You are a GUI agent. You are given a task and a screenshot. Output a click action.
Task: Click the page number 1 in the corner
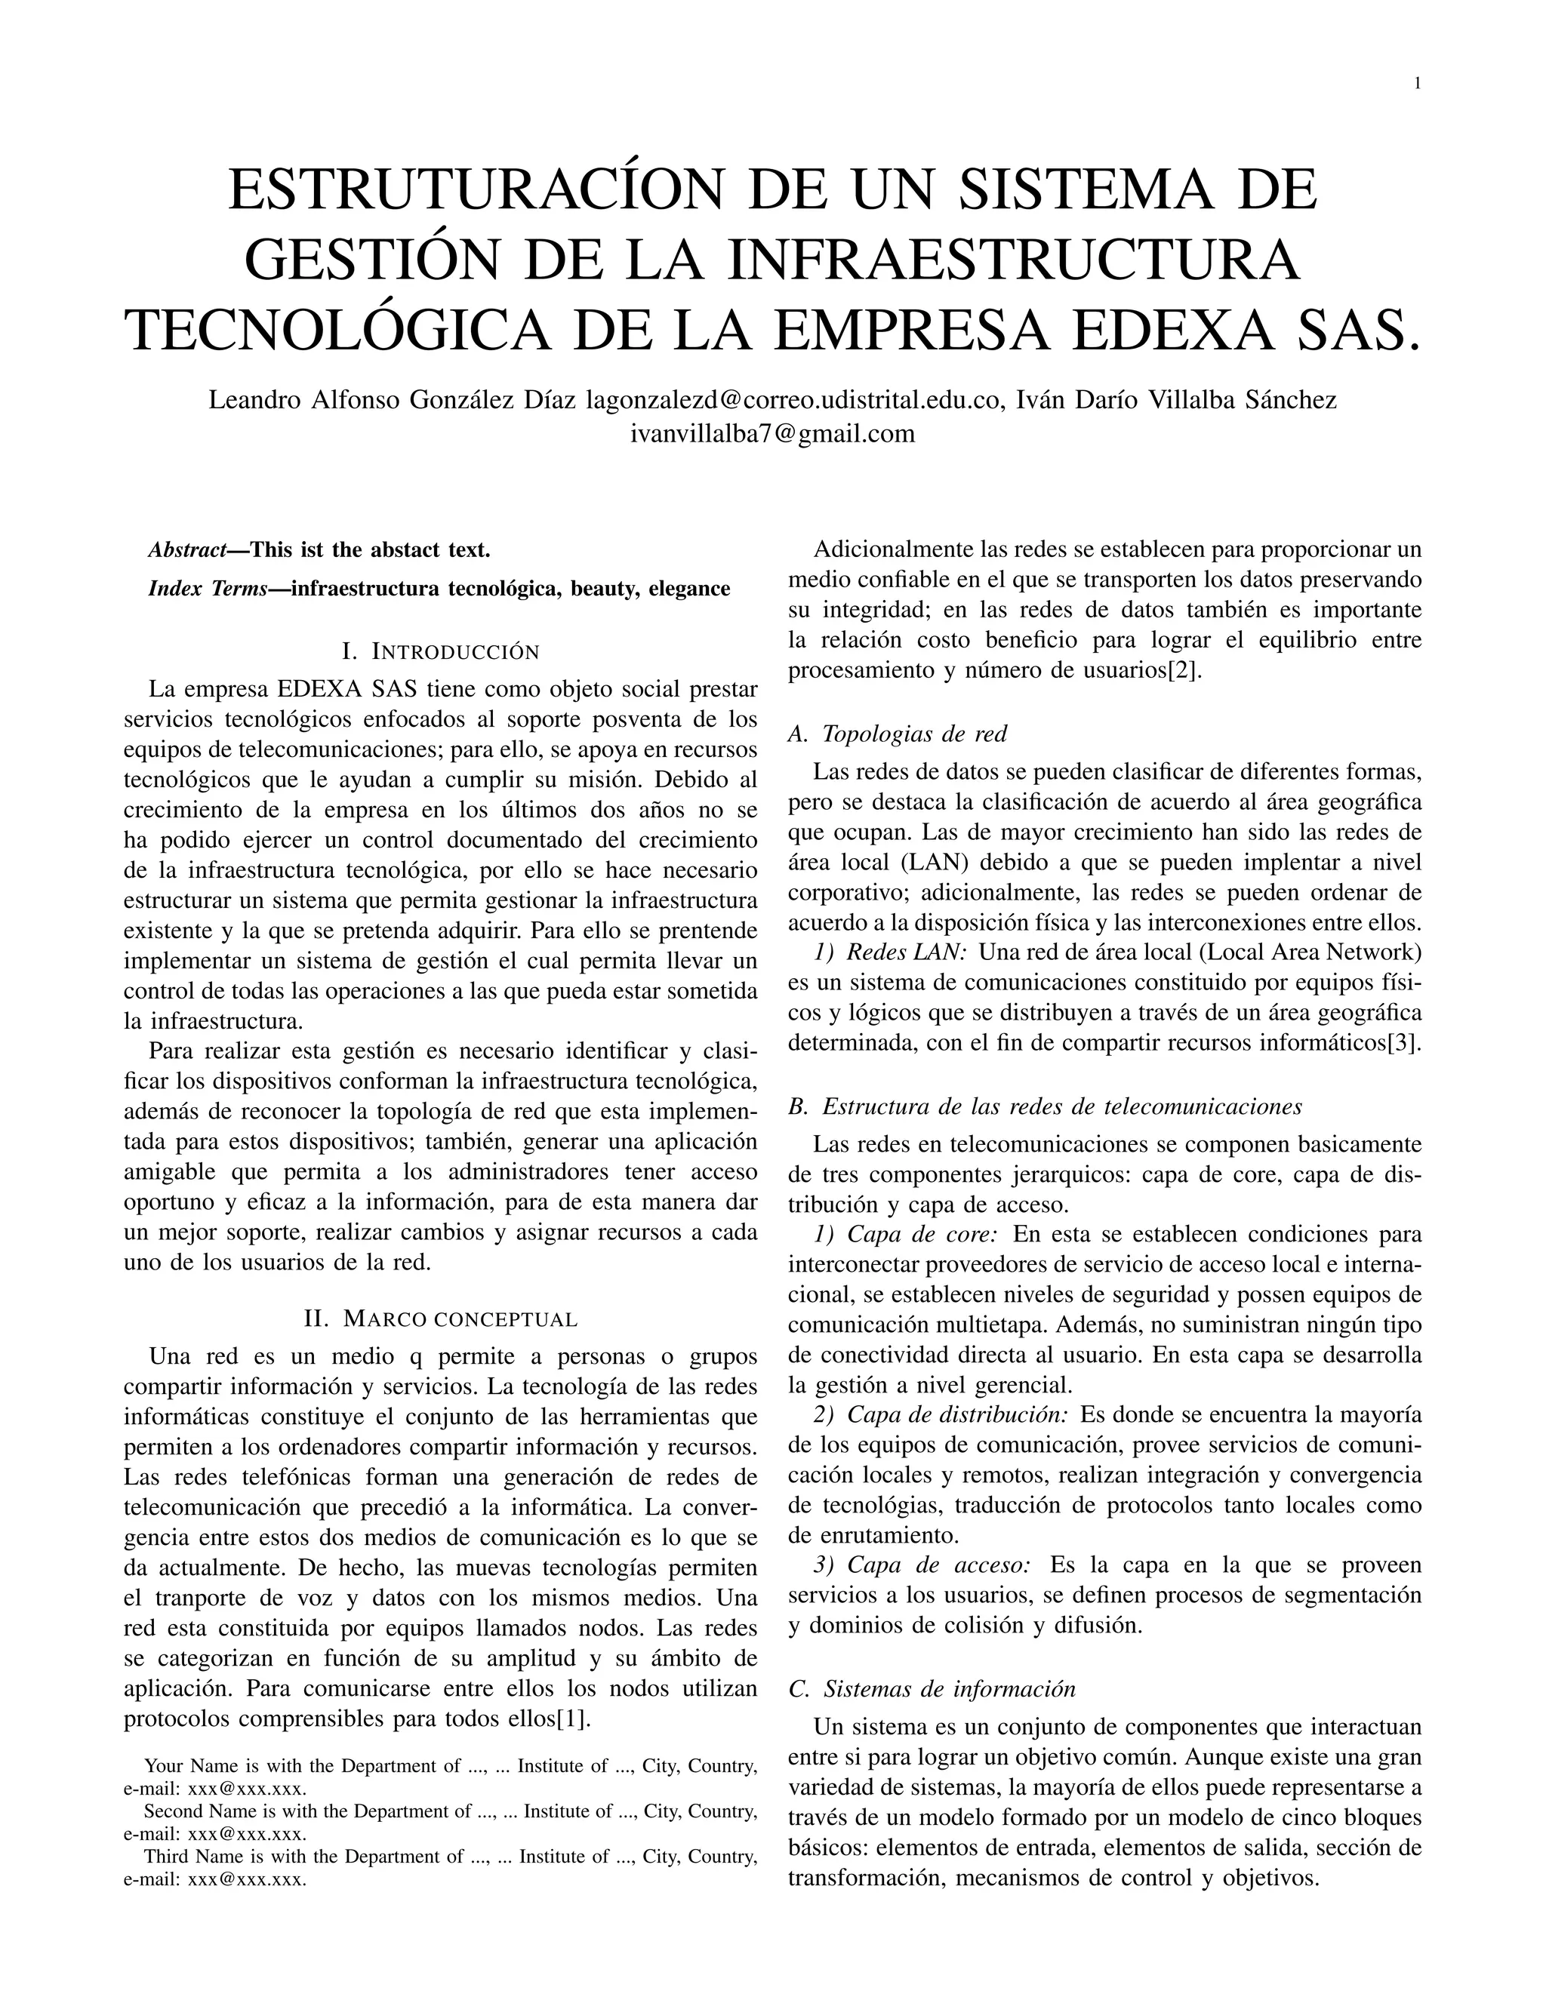pyautogui.click(x=1418, y=83)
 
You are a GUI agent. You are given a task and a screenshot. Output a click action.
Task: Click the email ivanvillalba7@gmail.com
pyautogui.click(x=772, y=434)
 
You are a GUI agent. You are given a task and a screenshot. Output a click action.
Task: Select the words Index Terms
pyautogui.click(x=207, y=589)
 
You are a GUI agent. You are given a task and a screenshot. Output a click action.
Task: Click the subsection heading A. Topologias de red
pyautogui.click(x=898, y=734)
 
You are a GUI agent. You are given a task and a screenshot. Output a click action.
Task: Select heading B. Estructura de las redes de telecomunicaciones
pyautogui.click(x=1044, y=1106)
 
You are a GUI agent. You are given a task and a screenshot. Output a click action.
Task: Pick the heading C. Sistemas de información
pyautogui.click(x=932, y=1688)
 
